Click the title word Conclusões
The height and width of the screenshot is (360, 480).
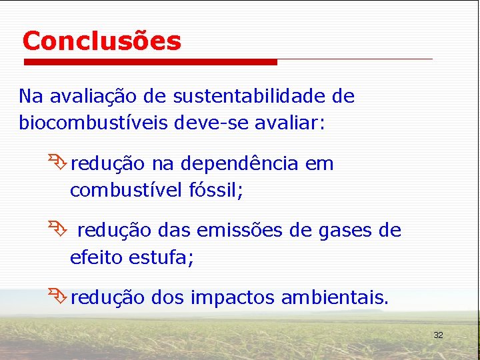(101, 41)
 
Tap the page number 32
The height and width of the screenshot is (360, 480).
(438, 335)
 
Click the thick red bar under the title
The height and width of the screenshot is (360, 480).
(150, 62)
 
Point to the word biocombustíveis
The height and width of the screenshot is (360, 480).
(93, 124)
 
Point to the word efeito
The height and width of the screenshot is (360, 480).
(93, 257)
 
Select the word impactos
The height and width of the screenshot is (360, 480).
(231, 298)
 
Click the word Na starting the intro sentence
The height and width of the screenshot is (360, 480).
(30, 97)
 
